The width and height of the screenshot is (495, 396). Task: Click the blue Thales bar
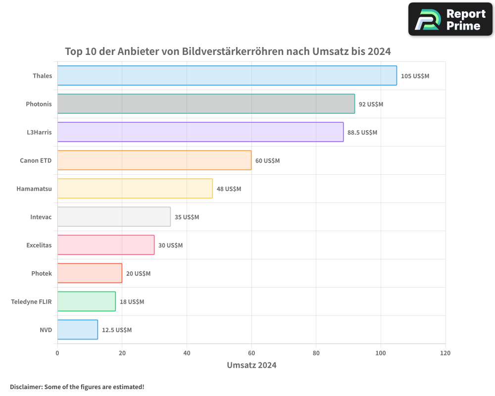(227, 76)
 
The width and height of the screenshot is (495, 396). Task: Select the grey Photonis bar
(206, 104)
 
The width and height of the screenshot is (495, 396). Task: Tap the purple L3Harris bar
(200, 132)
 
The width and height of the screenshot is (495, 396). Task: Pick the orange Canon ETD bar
(154, 160)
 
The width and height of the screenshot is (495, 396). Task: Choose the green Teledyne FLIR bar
(86, 301)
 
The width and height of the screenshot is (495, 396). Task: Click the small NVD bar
(77, 330)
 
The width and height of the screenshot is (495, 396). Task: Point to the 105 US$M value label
(415, 76)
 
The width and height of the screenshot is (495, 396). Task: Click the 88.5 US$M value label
(362, 133)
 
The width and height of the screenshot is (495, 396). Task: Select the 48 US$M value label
(229, 189)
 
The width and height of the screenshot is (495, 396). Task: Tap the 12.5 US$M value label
(117, 330)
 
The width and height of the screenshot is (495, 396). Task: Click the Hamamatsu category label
(34, 189)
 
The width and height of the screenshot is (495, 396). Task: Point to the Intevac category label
(41, 217)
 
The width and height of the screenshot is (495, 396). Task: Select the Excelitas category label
(39, 245)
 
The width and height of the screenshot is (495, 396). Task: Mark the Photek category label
(41, 273)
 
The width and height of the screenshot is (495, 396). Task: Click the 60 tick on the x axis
(251, 353)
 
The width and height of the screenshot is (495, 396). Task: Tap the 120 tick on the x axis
(445, 353)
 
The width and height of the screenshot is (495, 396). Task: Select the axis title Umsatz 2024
(251, 365)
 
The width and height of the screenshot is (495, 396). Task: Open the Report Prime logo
(450, 19)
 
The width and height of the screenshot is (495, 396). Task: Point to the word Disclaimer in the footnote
(25, 387)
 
